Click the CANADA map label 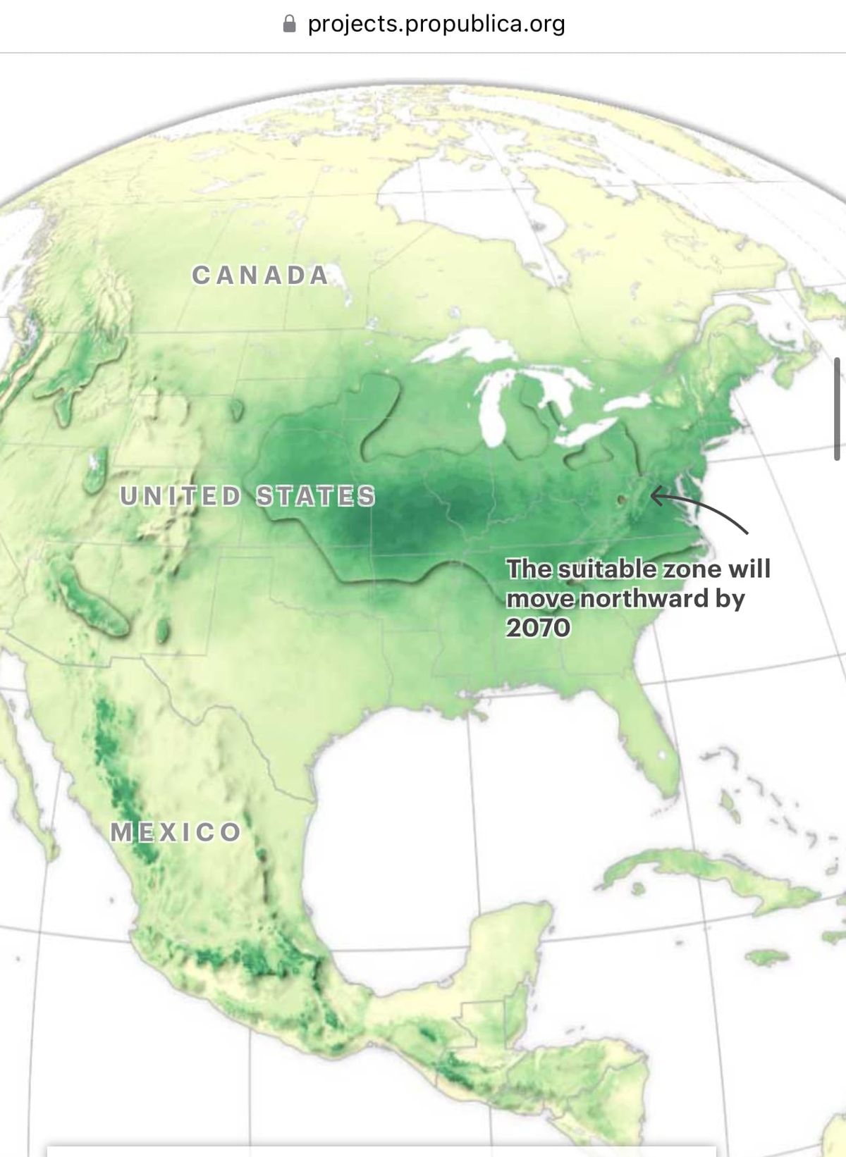(261, 275)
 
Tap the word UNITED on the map (180, 496)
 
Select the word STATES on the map (315, 496)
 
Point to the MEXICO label (176, 832)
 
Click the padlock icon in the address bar (289, 24)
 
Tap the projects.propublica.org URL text (436, 24)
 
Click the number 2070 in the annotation (538, 627)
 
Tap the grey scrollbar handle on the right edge (837, 409)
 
